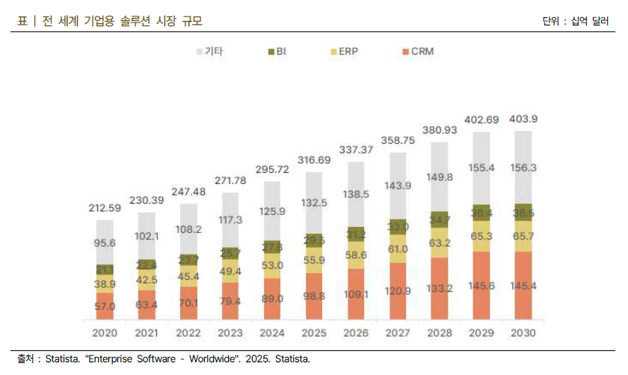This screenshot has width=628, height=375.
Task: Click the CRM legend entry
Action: click(x=417, y=52)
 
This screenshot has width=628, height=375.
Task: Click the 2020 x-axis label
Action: click(x=105, y=332)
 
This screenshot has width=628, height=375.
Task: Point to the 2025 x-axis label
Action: click(x=313, y=332)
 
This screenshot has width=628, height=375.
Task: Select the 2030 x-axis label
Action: click(x=523, y=332)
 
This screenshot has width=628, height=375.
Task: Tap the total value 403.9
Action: click(x=523, y=119)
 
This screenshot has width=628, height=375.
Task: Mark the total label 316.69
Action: click(x=313, y=160)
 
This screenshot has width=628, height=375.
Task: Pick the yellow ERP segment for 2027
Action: click(x=397, y=249)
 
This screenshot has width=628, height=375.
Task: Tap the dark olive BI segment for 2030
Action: click(x=523, y=212)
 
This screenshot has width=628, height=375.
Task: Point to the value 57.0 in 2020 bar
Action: click(x=105, y=306)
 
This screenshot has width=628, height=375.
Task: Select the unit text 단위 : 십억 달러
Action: click(x=576, y=21)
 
